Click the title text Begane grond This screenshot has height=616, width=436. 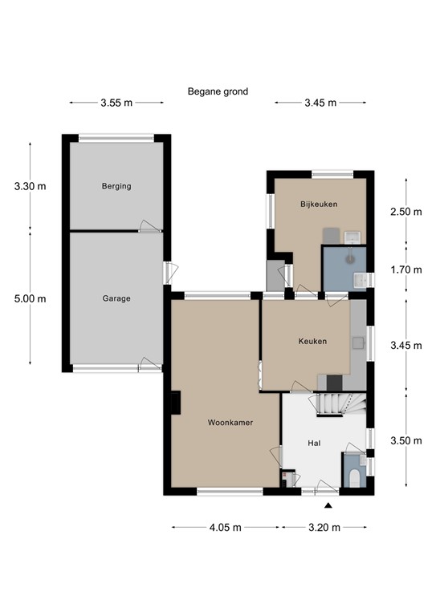pos(218,92)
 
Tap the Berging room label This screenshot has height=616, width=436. pos(116,186)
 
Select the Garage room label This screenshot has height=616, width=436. pos(116,298)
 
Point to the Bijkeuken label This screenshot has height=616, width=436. pos(319,205)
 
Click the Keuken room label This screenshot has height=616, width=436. pos(312,342)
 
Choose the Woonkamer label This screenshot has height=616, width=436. pos(230,423)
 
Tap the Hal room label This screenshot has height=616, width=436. pos(314,443)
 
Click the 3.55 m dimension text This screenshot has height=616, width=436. pos(116,103)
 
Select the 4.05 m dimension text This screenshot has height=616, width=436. pos(226,528)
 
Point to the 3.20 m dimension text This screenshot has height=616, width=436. pos(324,528)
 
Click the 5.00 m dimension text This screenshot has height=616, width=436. pos(31,299)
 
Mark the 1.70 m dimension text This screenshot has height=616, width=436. pos(406,269)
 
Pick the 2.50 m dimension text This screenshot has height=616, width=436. pos(406,212)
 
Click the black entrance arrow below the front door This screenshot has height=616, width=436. pos(328,505)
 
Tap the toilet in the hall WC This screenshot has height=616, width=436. pos(354,478)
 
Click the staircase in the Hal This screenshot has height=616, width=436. pos(341,404)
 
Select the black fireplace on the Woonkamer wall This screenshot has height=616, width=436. pos(176,403)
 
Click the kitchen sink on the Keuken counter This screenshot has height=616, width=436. pos(358,342)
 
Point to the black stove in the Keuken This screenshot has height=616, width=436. pos(335,383)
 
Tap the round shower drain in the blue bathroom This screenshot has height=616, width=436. pos(349,259)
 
